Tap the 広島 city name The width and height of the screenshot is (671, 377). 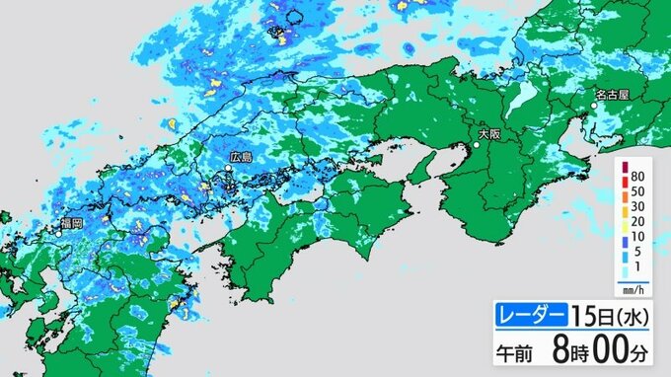click(x=241, y=157)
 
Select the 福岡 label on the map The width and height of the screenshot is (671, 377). click(x=70, y=224)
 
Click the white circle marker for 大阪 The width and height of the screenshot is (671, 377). click(x=476, y=146)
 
